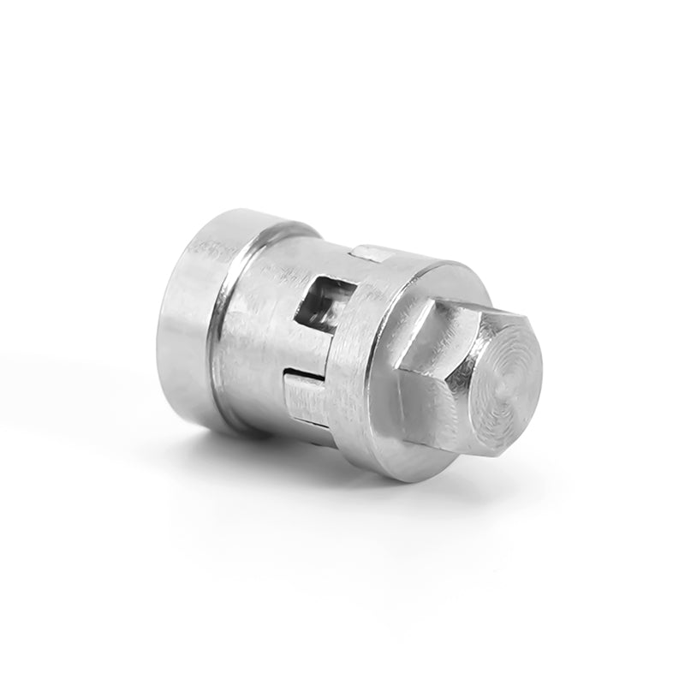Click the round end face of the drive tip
tap(501, 368)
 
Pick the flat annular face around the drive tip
tap(402, 437)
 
